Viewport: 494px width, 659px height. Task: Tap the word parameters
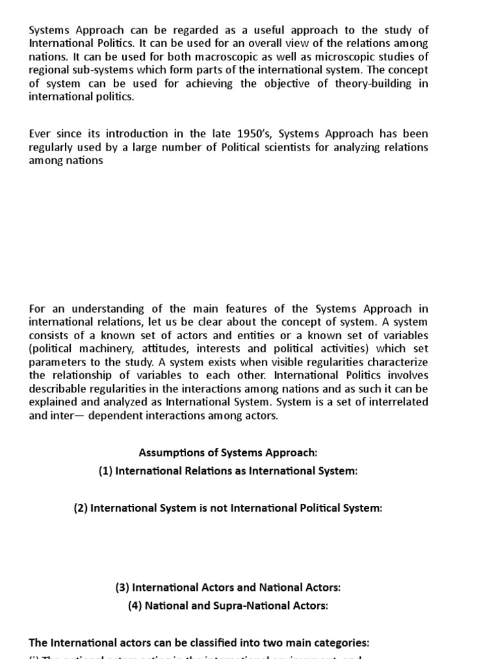tap(63, 362)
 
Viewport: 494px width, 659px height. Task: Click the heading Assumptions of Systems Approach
tap(228, 454)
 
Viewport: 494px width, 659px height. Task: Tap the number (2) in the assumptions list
tap(80, 508)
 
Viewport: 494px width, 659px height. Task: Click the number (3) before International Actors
tap(122, 588)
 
